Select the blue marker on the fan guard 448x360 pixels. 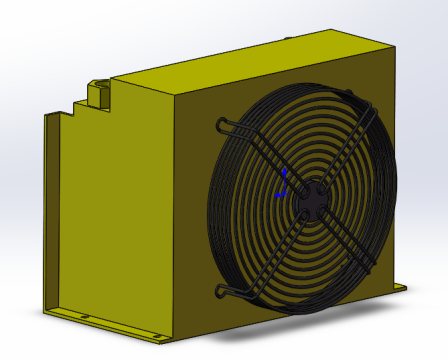pos(283,184)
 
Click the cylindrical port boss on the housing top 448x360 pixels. pos(99,88)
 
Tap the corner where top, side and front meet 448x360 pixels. pos(177,97)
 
